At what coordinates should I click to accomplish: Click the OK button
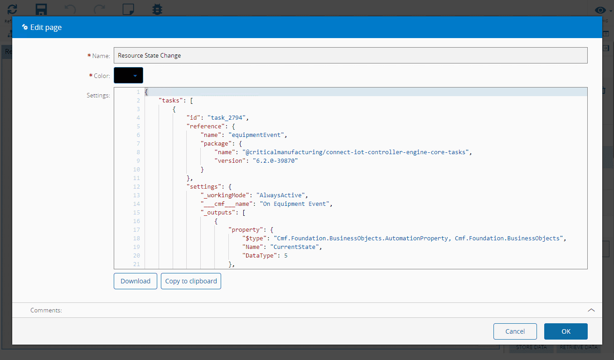[x=566, y=331]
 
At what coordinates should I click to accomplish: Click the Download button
[x=135, y=281]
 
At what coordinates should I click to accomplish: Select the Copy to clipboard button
[x=191, y=281]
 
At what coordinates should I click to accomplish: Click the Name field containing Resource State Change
[x=350, y=55]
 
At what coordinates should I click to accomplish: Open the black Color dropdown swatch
[x=128, y=75]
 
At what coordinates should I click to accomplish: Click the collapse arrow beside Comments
[x=591, y=310]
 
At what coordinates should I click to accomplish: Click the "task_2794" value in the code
[x=227, y=117]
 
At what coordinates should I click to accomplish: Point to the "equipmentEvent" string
[x=257, y=135]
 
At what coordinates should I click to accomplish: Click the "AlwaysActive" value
[x=282, y=195]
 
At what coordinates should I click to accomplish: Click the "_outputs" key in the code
[x=216, y=212]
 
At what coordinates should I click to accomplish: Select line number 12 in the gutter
[x=137, y=186]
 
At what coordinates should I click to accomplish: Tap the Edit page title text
[x=46, y=27]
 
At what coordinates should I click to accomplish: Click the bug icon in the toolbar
[x=157, y=9]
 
